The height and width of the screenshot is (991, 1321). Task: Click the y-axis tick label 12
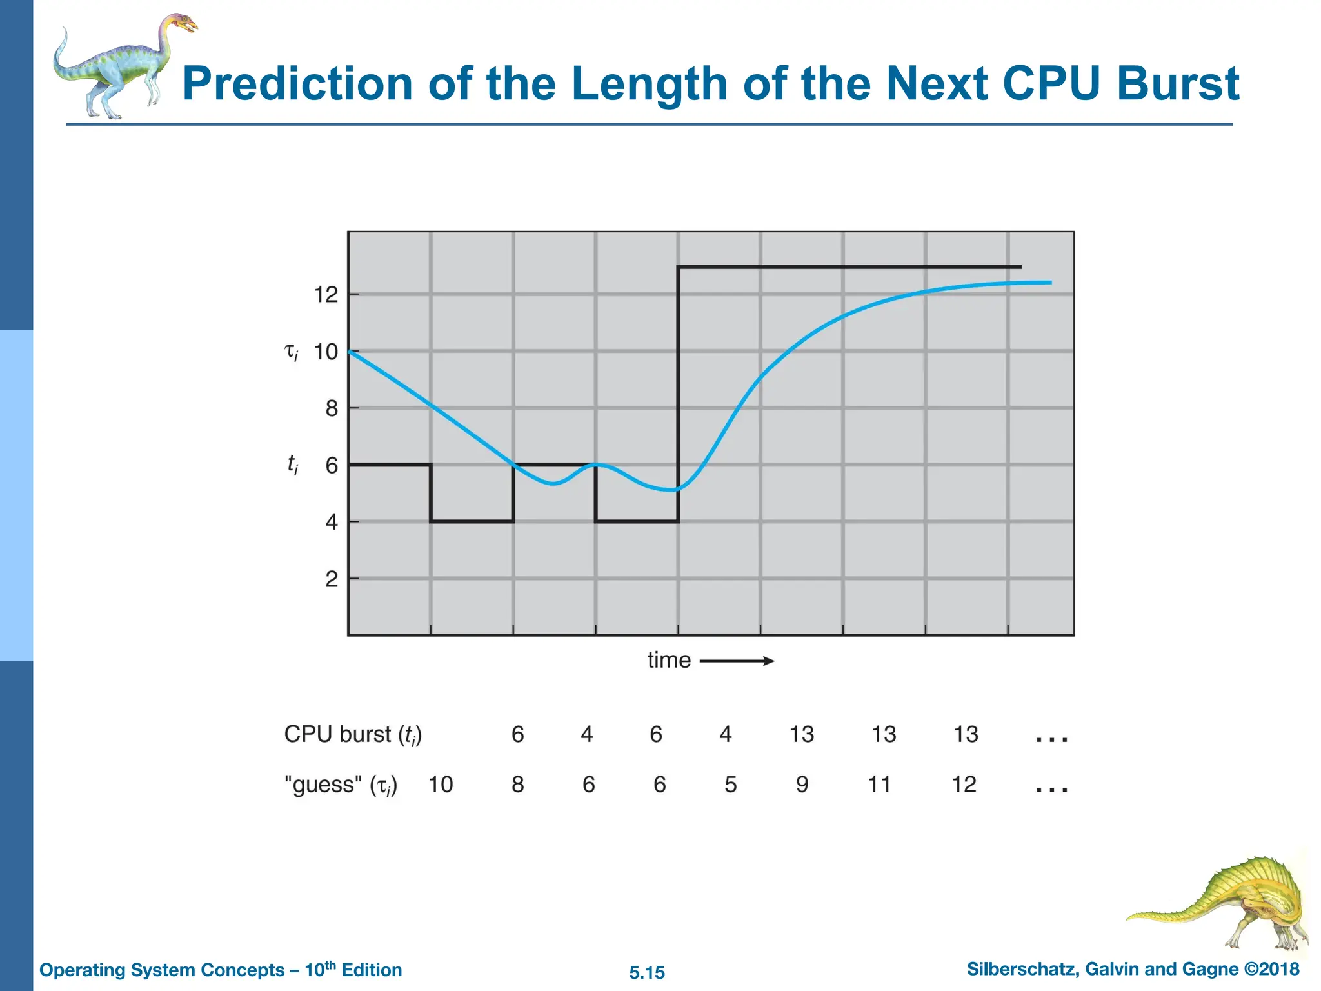pos(326,295)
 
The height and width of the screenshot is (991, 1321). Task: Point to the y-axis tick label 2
pos(332,579)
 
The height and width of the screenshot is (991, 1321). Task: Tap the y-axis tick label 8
pos(332,408)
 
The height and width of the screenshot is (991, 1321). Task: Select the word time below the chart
pos(669,660)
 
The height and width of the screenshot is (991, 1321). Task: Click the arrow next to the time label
pos(737,661)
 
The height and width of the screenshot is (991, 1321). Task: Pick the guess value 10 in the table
pos(441,785)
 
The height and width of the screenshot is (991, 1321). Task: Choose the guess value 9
pos(802,785)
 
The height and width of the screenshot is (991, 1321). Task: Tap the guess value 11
pos(879,785)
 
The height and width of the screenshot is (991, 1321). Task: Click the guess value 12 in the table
pos(964,785)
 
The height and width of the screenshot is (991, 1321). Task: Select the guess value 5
pos(730,785)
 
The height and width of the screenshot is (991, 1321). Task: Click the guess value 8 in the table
pos(517,785)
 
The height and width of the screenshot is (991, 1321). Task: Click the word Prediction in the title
pos(297,84)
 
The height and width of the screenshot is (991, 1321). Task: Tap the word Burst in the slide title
pos(1178,84)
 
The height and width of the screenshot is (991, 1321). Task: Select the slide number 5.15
pos(647,972)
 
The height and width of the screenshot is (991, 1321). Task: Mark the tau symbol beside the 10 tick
pos(292,352)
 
